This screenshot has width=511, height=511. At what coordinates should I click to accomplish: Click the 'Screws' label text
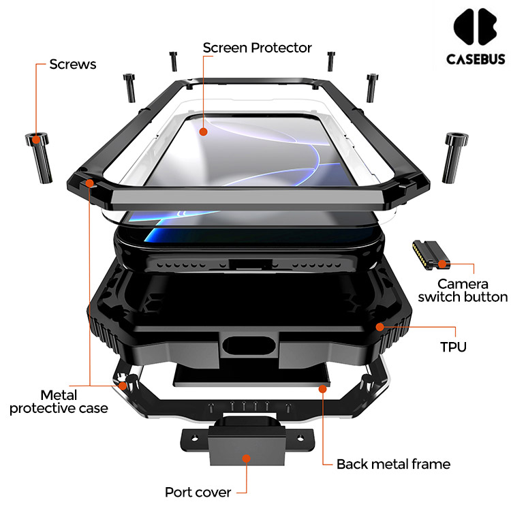[73, 65]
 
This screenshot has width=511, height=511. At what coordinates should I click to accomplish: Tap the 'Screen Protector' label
[258, 48]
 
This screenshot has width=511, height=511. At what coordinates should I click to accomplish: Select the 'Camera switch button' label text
[463, 290]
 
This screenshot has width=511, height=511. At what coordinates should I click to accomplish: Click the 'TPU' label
[453, 347]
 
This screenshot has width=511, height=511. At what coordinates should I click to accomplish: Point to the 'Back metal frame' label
[393, 464]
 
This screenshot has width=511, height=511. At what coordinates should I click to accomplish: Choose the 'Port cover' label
[198, 492]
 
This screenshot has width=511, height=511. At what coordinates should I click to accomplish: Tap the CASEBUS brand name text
[476, 59]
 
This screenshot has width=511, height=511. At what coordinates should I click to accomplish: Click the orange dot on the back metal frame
[322, 388]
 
